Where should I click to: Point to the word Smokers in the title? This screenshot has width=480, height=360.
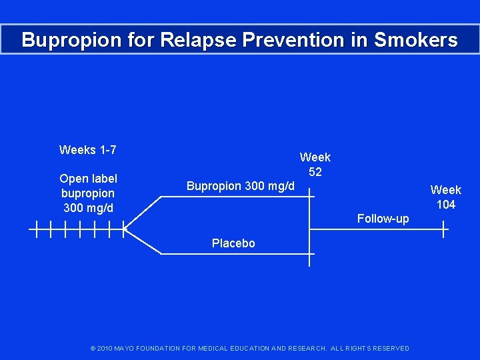(416, 40)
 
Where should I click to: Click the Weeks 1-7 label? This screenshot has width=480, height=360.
(88, 150)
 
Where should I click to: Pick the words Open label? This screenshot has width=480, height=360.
(88, 179)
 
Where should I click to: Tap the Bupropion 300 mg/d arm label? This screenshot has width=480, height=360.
(240, 185)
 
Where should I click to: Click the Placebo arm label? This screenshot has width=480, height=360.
(233, 243)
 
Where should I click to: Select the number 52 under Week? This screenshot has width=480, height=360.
(315, 172)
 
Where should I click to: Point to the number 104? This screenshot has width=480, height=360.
(446, 205)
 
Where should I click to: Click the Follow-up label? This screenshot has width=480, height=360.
(383, 219)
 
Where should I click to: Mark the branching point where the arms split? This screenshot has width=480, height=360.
(125, 230)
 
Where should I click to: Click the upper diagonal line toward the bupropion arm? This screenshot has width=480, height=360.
(143, 213)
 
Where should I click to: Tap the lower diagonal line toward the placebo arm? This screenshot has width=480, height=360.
(143, 242)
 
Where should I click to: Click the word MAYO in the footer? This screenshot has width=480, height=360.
(125, 349)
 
